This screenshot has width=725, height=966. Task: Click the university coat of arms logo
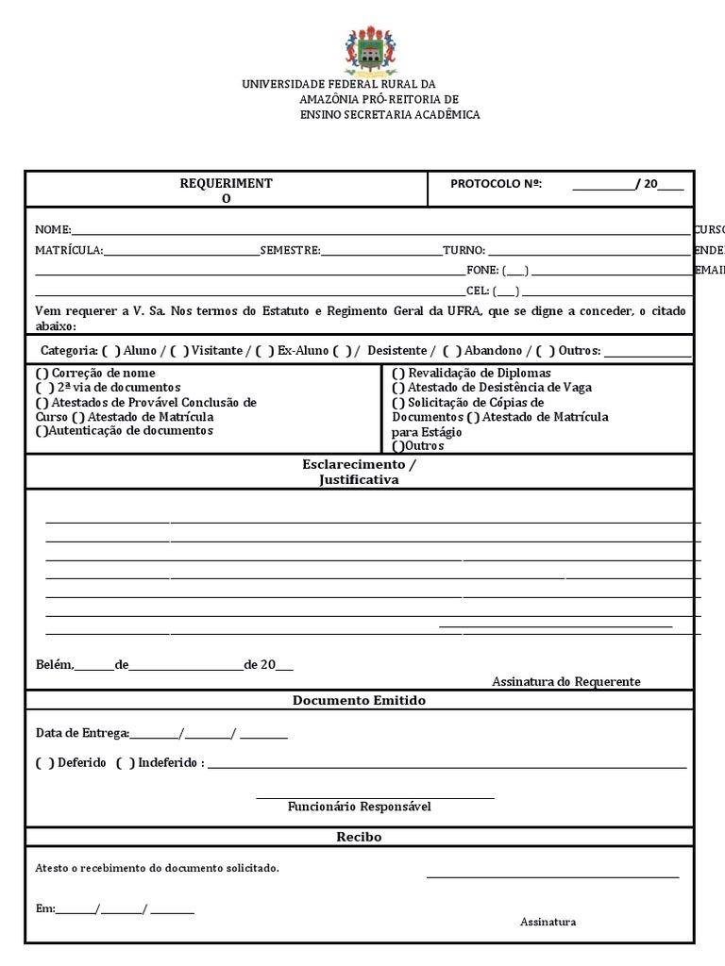(370, 53)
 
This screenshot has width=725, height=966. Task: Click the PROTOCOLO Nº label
(496, 184)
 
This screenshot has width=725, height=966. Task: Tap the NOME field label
(53, 229)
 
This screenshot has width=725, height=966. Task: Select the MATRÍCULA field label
(69, 250)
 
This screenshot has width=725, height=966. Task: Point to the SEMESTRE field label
(290, 250)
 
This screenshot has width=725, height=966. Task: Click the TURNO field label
(464, 250)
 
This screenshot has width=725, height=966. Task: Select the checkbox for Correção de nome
(42, 373)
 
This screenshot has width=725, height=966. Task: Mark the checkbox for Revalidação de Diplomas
(398, 373)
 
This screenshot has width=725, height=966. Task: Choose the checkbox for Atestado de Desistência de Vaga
(398, 387)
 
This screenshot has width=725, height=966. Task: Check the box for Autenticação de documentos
(42, 431)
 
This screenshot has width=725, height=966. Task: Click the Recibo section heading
(359, 837)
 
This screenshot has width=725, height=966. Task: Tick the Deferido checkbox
(44, 762)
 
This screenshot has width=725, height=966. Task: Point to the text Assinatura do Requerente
(565, 681)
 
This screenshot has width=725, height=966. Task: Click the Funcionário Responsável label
(359, 807)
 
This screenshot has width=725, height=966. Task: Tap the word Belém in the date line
(53, 664)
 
